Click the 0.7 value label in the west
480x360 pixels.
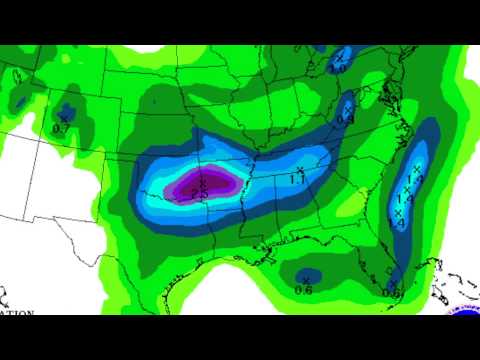tap(60, 129)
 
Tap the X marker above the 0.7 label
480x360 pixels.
tap(63, 119)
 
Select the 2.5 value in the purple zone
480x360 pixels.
tap(199, 194)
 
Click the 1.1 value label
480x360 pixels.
tap(298, 180)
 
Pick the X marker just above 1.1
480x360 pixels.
tap(301, 169)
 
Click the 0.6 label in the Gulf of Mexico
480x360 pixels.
tap(304, 290)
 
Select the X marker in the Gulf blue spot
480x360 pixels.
tap(306, 278)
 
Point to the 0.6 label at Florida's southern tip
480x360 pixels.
tap(391, 293)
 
